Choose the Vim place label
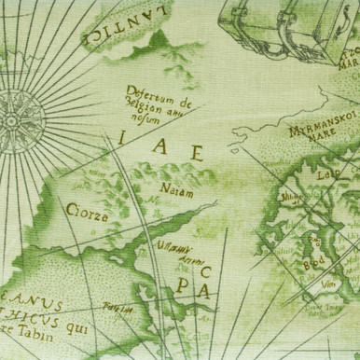tap(326, 283)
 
